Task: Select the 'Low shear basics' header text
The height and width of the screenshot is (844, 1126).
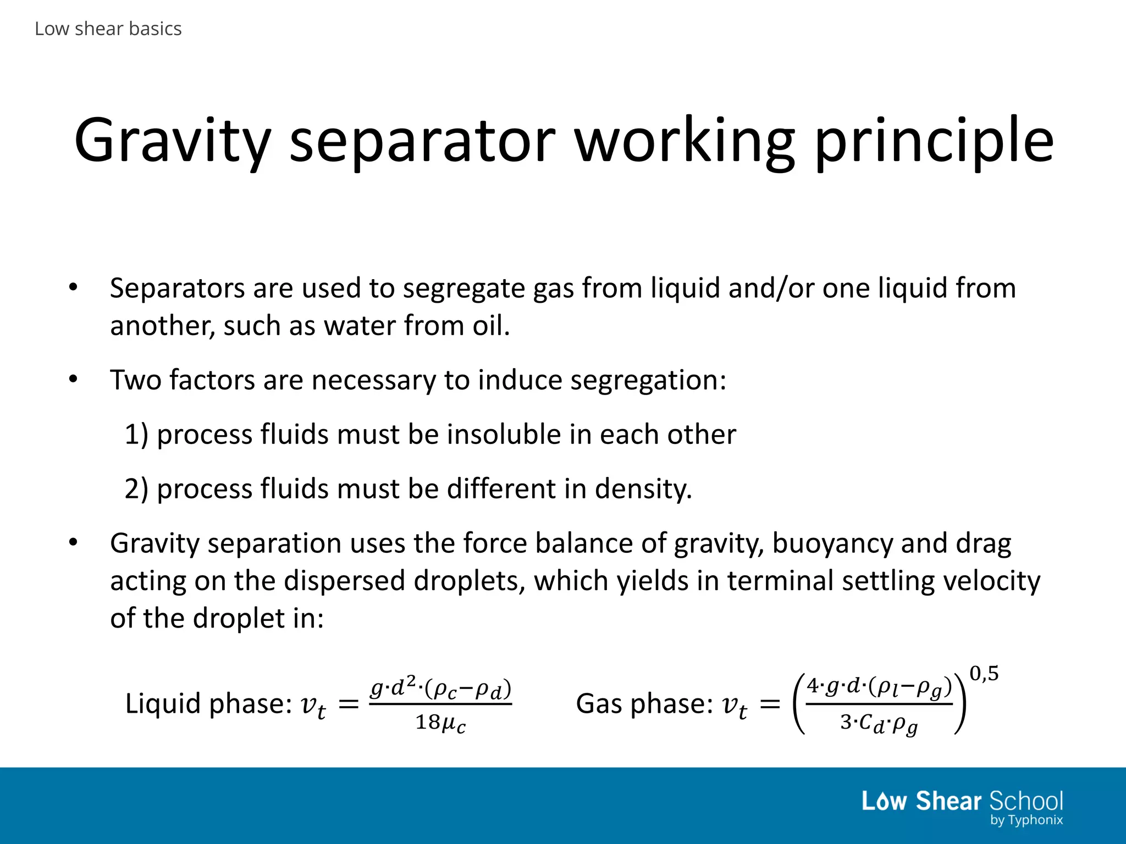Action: [x=108, y=29]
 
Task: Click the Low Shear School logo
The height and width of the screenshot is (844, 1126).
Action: [x=962, y=801]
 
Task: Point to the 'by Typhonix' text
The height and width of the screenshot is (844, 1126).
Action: [x=1026, y=820]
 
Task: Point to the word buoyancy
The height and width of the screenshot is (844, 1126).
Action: [x=832, y=543]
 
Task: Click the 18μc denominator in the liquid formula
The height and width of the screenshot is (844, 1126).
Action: [x=440, y=723]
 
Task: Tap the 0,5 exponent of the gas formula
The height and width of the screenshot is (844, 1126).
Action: [x=984, y=673]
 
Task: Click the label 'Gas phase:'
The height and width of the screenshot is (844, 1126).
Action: [x=644, y=704]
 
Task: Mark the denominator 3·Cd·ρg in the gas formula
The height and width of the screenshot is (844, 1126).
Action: [x=879, y=724]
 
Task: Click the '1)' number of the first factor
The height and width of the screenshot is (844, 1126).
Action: [x=136, y=435]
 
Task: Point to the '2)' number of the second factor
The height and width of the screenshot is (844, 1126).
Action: [x=136, y=489]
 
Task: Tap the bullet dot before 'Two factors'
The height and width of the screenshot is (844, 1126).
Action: [x=74, y=379]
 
